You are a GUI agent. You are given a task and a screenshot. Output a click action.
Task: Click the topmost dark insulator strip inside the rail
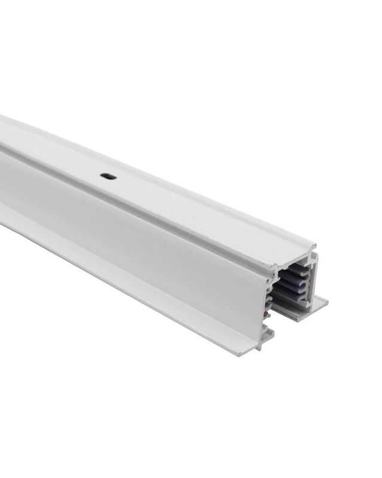coord(296,272)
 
